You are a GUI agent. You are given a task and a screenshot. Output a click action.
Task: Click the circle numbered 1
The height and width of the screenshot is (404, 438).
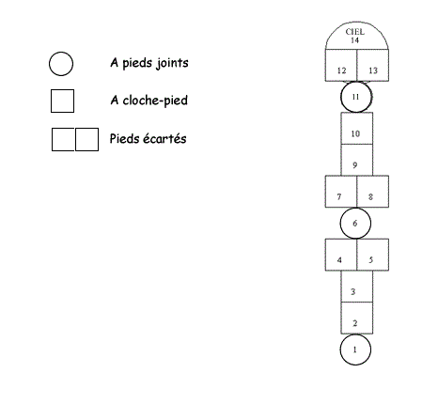tap(355, 350)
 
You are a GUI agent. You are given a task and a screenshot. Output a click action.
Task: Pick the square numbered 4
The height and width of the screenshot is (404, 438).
tap(341, 255)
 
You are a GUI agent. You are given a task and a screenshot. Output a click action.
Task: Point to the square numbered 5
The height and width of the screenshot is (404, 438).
tap(373, 255)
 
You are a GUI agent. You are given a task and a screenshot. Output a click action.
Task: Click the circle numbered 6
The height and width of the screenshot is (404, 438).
tap(355, 224)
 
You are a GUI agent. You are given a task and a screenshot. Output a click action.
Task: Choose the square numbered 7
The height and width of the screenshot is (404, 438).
tap(341, 192)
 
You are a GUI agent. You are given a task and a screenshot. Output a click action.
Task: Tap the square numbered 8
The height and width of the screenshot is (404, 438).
tap(373, 192)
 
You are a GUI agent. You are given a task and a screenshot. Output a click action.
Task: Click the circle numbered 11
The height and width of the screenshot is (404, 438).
tap(356, 97)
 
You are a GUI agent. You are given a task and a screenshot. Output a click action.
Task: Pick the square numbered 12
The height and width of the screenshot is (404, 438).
tap(341, 65)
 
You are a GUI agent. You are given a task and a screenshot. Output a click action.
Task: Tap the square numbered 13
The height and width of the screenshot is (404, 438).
tap(373, 65)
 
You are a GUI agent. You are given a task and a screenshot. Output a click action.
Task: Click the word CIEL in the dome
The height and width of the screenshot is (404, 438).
tap(355, 32)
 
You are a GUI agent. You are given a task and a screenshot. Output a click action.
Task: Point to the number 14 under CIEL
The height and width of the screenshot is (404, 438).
tap(354, 40)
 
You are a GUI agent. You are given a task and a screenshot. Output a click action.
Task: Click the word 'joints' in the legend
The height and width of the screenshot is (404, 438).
tap(173, 63)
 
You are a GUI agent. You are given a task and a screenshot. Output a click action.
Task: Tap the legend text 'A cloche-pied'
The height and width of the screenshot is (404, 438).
tap(149, 101)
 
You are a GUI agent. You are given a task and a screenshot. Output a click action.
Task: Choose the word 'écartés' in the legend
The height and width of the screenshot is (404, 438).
tap(164, 138)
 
